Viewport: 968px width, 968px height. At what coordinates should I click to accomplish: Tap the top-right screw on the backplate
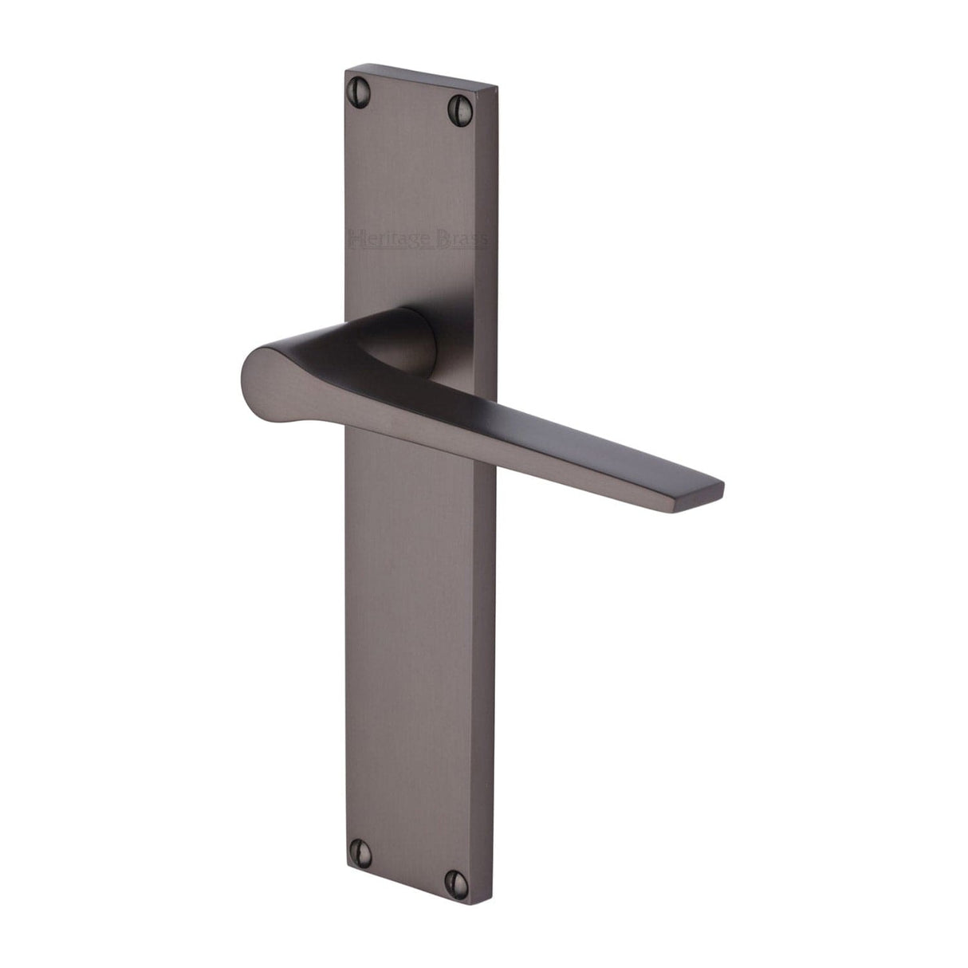click(x=460, y=104)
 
